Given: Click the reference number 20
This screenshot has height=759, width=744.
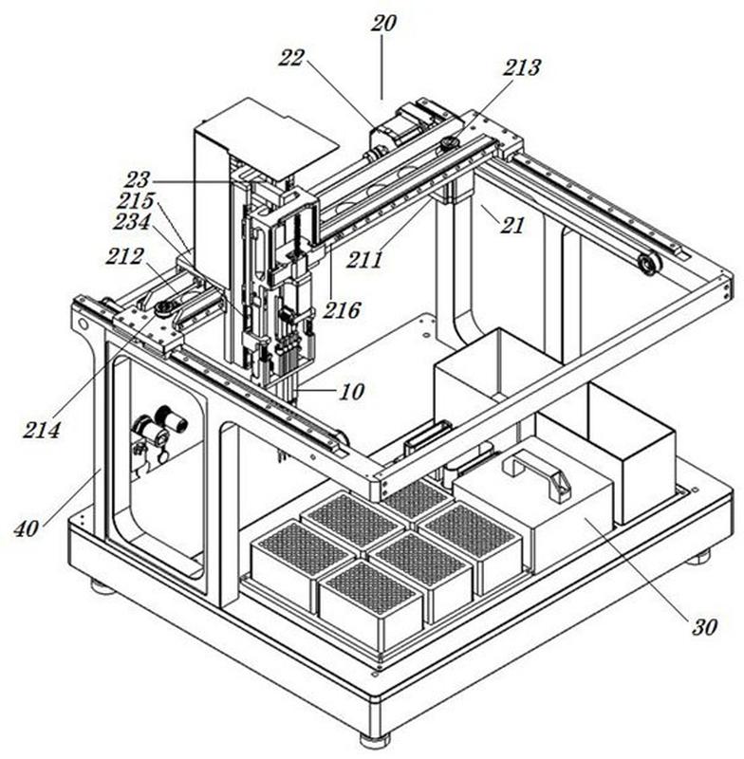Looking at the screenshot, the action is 383,23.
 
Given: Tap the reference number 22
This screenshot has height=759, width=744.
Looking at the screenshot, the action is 291,58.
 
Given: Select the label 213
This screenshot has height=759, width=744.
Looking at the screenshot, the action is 521,67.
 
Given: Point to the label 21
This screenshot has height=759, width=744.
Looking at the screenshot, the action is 512,225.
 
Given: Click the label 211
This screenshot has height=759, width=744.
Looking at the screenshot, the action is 364,260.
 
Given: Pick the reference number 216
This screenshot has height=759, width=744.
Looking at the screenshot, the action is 342,310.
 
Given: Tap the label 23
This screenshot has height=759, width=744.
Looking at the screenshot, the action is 137,180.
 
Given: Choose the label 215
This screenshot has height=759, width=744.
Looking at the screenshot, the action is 137,200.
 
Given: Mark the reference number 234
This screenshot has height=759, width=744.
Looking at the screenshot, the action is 132,222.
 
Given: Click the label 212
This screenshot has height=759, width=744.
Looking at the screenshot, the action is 124,256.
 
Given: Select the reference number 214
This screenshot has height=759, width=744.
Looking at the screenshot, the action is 42,430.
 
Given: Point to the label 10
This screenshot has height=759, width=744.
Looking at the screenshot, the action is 351,392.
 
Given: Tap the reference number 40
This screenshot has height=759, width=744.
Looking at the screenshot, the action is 26,528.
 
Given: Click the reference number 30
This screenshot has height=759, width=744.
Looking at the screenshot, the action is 704,627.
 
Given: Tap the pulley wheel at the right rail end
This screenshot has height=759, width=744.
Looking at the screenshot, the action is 650,265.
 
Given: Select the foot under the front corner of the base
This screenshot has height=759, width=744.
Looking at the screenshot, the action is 375,740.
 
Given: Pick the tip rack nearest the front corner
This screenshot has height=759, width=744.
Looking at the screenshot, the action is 371,602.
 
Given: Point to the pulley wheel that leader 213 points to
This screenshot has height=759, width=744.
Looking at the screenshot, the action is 451,144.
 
